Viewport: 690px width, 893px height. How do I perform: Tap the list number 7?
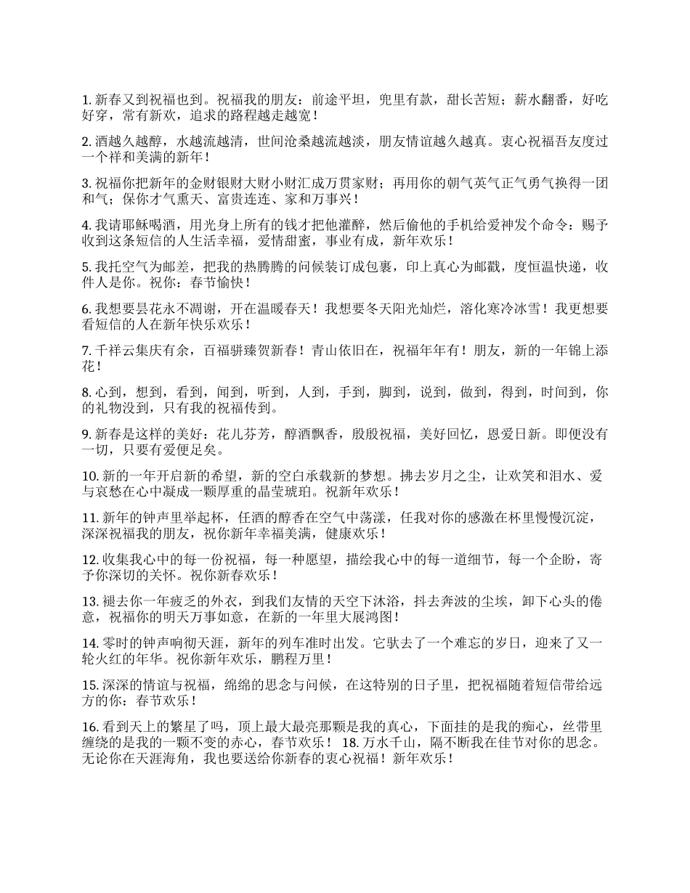point(87,351)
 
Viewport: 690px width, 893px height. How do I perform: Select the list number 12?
point(90,559)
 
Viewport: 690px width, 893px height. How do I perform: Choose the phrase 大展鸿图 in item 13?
point(362,617)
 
